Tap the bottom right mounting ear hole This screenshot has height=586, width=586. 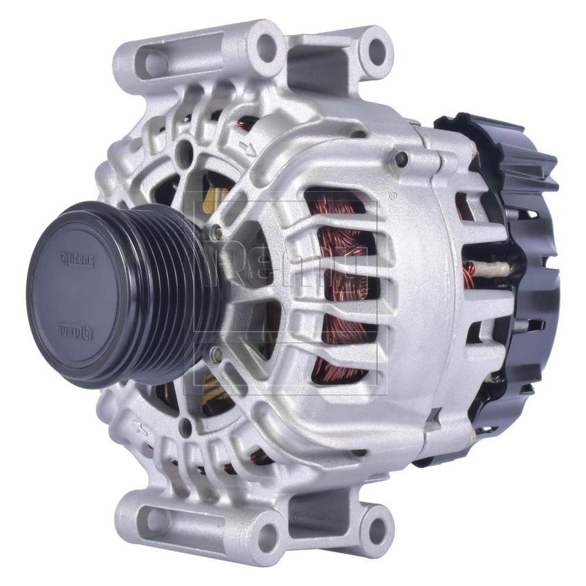tap(376, 531)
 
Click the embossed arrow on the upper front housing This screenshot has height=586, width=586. tap(247, 146)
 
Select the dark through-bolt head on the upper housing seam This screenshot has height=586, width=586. tap(401, 159)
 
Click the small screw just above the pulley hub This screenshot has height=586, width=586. tap(215, 233)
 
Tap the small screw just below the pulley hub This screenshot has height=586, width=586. tap(216, 355)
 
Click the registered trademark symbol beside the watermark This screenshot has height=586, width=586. tap(392, 196)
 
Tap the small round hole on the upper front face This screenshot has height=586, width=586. tap(185, 152)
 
